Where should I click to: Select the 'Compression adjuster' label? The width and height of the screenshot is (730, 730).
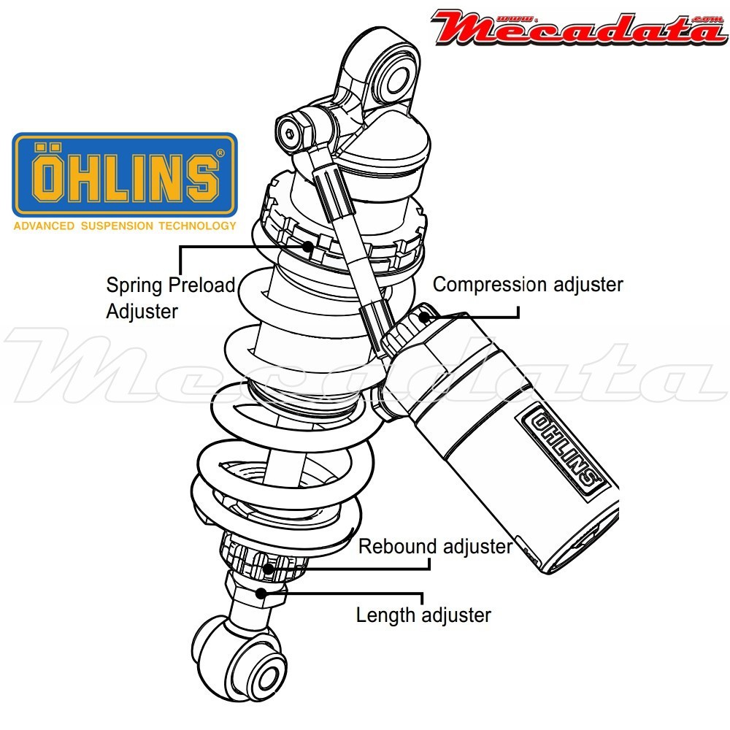click(x=528, y=284)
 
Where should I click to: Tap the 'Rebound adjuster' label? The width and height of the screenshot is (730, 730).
click(x=435, y=546)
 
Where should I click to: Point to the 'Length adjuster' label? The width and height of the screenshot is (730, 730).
click(x=423, y=615)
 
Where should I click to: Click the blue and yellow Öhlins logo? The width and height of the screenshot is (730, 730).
click(x=125, y=175)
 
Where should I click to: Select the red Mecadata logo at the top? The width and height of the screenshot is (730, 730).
click(x=577, y=28)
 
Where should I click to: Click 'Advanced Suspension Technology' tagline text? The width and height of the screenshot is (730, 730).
click(x=125, y=226)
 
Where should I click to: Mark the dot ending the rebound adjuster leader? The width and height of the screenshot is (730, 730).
click(x=269, y=569)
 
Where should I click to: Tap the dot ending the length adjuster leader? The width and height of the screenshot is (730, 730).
click(x=261, y=592)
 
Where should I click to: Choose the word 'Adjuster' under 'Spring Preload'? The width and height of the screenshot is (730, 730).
click(x=142, y=311)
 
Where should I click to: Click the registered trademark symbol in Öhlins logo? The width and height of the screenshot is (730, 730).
click(x=220, y=153)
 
